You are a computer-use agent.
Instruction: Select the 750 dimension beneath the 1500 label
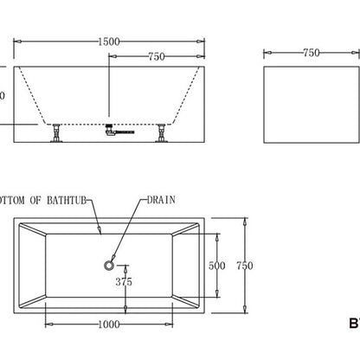click(157, 57)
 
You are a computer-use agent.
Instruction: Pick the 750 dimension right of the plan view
click(249, 266)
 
